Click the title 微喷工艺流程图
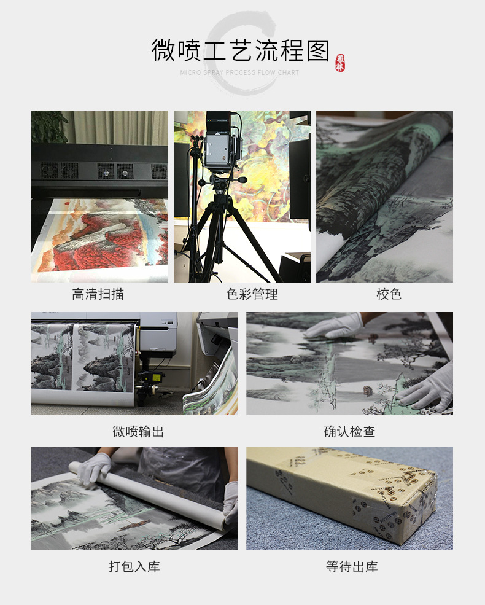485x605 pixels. click(240, 50)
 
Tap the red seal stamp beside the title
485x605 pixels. click(340, 63)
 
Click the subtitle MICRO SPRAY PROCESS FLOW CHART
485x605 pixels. click(239, 72)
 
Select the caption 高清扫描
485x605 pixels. click(98, 294)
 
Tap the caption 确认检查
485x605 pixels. click(349, 432)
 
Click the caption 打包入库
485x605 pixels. click(134, 566)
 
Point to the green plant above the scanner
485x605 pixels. click(49, 126)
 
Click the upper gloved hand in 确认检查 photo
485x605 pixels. click(335, 326)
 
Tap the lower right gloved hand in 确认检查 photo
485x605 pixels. click(427, 387)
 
